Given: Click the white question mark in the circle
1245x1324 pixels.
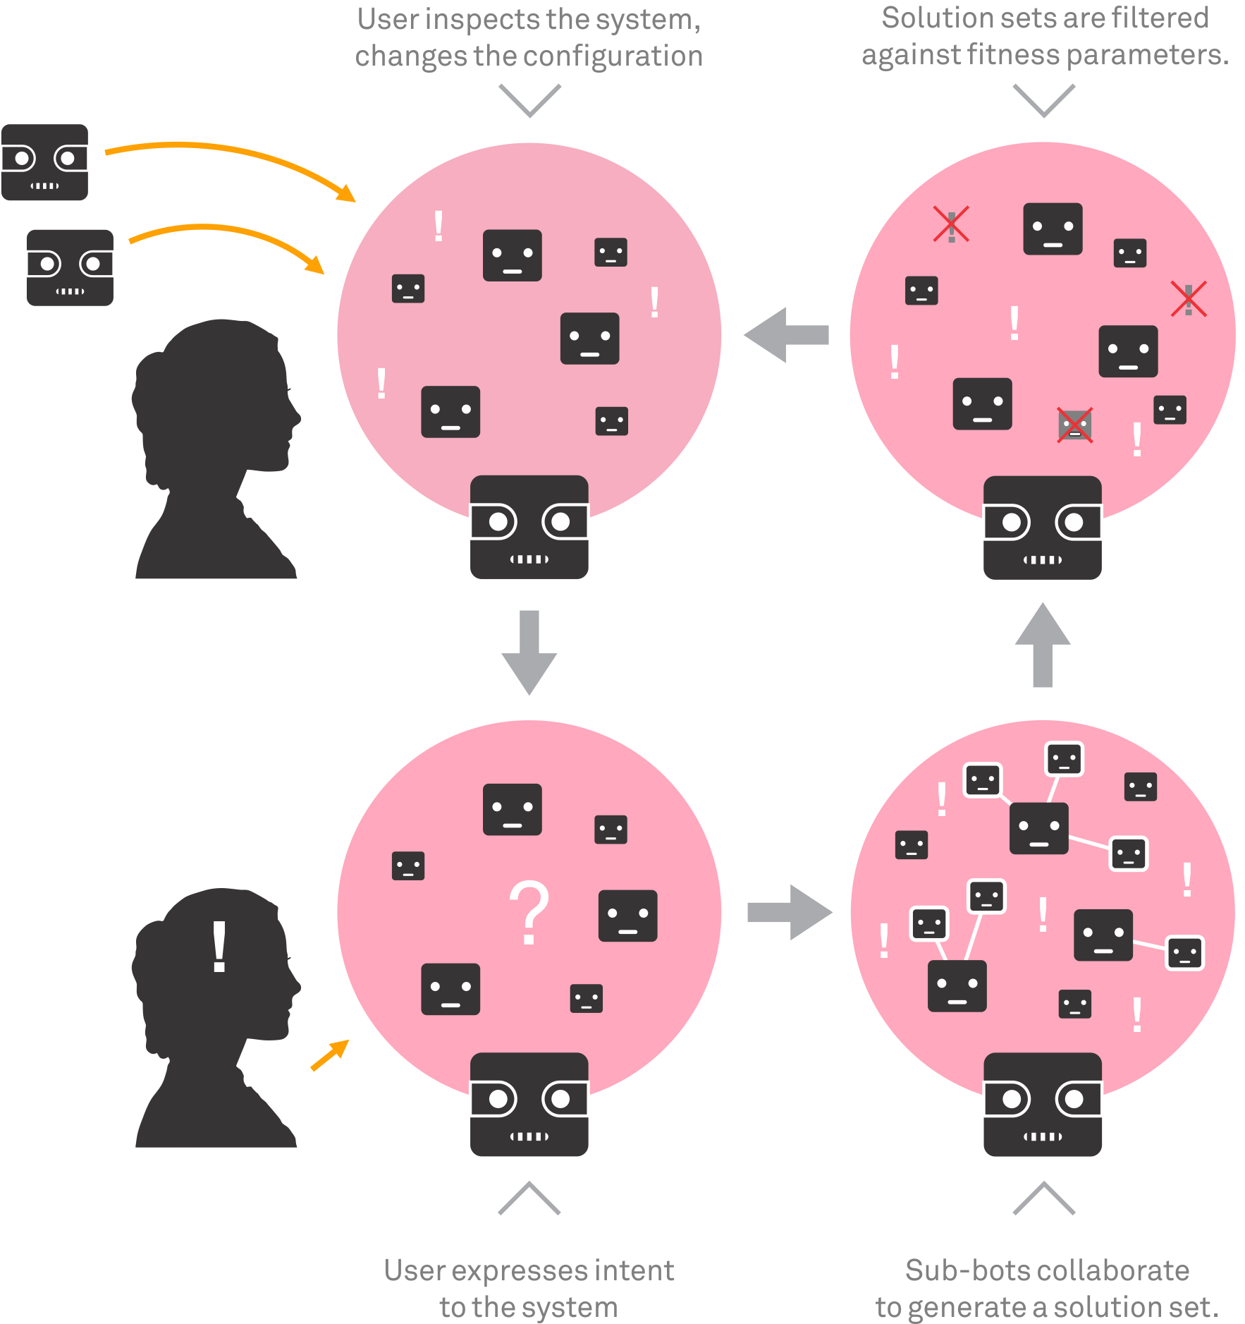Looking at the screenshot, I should coord(529,913).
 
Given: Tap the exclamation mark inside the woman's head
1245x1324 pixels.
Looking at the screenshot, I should coord(219,947).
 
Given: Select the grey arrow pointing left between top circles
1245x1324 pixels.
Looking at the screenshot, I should coord(786,335).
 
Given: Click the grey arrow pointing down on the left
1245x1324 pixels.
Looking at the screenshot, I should coord(529,652).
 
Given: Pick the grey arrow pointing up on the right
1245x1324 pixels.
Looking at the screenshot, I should coord(1043,645).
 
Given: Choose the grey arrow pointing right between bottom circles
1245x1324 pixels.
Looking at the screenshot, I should coord(790,912).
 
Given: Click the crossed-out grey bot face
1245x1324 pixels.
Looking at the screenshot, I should coord(1074,425).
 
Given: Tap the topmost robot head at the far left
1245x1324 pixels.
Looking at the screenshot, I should coord(44,162).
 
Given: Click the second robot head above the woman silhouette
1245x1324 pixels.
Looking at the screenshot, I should coord(70,267).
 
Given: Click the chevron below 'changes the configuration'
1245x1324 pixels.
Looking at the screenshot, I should coord(529,100).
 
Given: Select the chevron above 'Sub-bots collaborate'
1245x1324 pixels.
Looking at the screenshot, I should coord(1043,1198).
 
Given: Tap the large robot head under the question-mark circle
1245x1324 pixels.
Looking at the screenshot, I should coord(529,1104).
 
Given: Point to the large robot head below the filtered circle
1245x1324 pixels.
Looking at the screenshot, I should coord(1043,528).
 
